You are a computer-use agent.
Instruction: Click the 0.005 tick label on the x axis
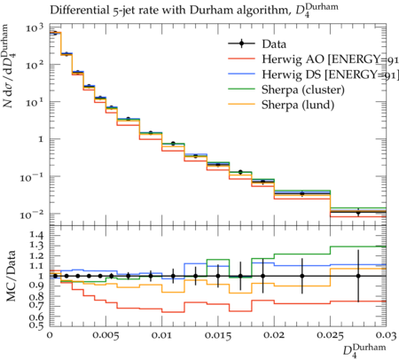pyautogui.click(x=106, y=335)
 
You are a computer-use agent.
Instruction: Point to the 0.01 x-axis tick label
pyautogui.click(x=161, y=335)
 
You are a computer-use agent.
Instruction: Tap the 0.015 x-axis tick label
pyautogui.click(x=218, y=335)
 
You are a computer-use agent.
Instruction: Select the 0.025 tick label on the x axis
pyautogui.click(x=330, y=335)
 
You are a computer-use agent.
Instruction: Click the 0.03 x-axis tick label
pyautogui.click(x=386, y=335)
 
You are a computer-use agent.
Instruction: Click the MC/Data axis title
pyautogui.click(x=11, y=276)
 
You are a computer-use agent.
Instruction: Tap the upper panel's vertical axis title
pyautogui.click(x=10, y=67)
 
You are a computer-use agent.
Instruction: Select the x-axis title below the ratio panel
pyautogui.click(x=364, y=351)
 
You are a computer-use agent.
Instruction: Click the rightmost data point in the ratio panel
pyautogui.click(x=358, y=276)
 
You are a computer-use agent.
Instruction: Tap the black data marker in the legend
pyautogui.click(x=241, y=44)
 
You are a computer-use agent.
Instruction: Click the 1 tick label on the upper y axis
pyautogui.click(x=41, y=139)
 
